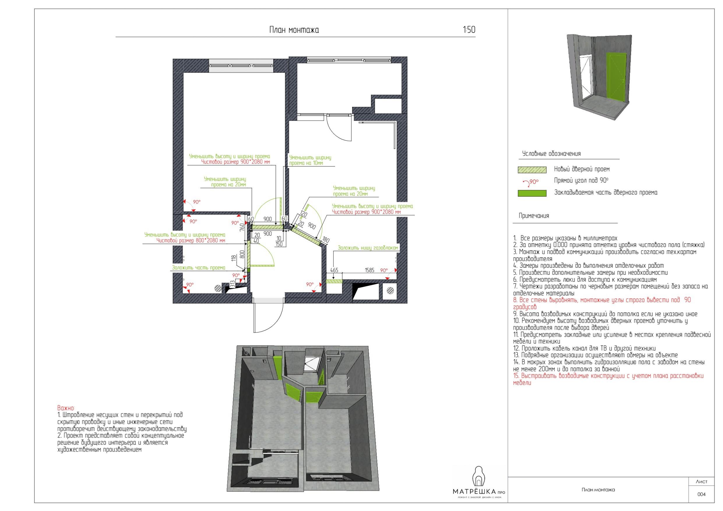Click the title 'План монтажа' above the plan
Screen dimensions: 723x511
(x=294, y=30)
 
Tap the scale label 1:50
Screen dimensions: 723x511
(x=469, y=30)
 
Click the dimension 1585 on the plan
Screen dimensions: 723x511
(x=370, y=270)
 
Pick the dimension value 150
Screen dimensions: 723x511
(x=279, y=244)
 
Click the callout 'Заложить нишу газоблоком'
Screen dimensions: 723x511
(x=368, y=248)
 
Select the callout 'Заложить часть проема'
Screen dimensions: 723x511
(x=198, y=268)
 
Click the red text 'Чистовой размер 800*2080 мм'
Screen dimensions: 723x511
(x=191, y=241)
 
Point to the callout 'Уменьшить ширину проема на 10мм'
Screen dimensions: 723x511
(x=310, y=160)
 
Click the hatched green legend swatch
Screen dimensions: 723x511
(x=532, y=170)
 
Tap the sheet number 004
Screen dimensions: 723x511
(x=702, y=494)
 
